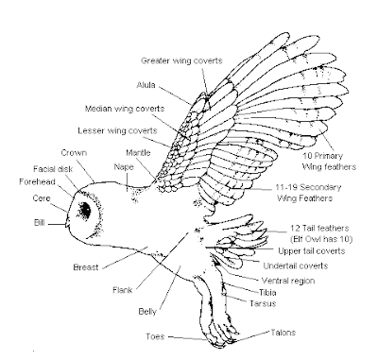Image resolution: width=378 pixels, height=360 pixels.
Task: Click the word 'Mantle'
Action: [x=136, y=152]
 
